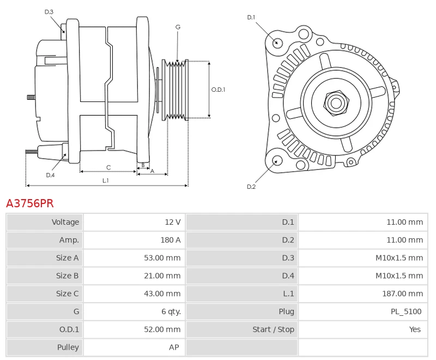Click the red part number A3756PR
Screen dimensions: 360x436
[x=30, y=203]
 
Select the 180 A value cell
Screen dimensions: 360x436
[x=171, y=240]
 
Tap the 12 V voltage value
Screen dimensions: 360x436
[x=172, y=222]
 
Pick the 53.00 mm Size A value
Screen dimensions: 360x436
[x=162, y=258]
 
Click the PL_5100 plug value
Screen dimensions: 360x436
[x=406, y=311]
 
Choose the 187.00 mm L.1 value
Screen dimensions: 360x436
[x=402, y=293]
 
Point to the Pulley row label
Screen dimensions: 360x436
[x=68, y=347]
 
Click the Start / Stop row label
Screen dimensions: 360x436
[x=273, y=329]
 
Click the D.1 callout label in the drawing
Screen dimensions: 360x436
[x=251, y=17]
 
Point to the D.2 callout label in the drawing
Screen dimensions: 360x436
[x=251, y=187]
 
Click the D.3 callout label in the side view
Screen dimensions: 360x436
[x=49, y=12]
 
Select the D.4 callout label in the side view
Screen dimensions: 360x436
[x=50, y=175]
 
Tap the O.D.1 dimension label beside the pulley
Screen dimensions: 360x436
[x=218, y=89]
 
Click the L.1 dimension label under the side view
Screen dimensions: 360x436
[x=105, y=180]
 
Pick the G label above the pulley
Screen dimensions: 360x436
[x=178, y=27]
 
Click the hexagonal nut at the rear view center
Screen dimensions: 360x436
[x=336, y=102]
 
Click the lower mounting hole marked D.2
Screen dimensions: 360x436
[x=277, y=160]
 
